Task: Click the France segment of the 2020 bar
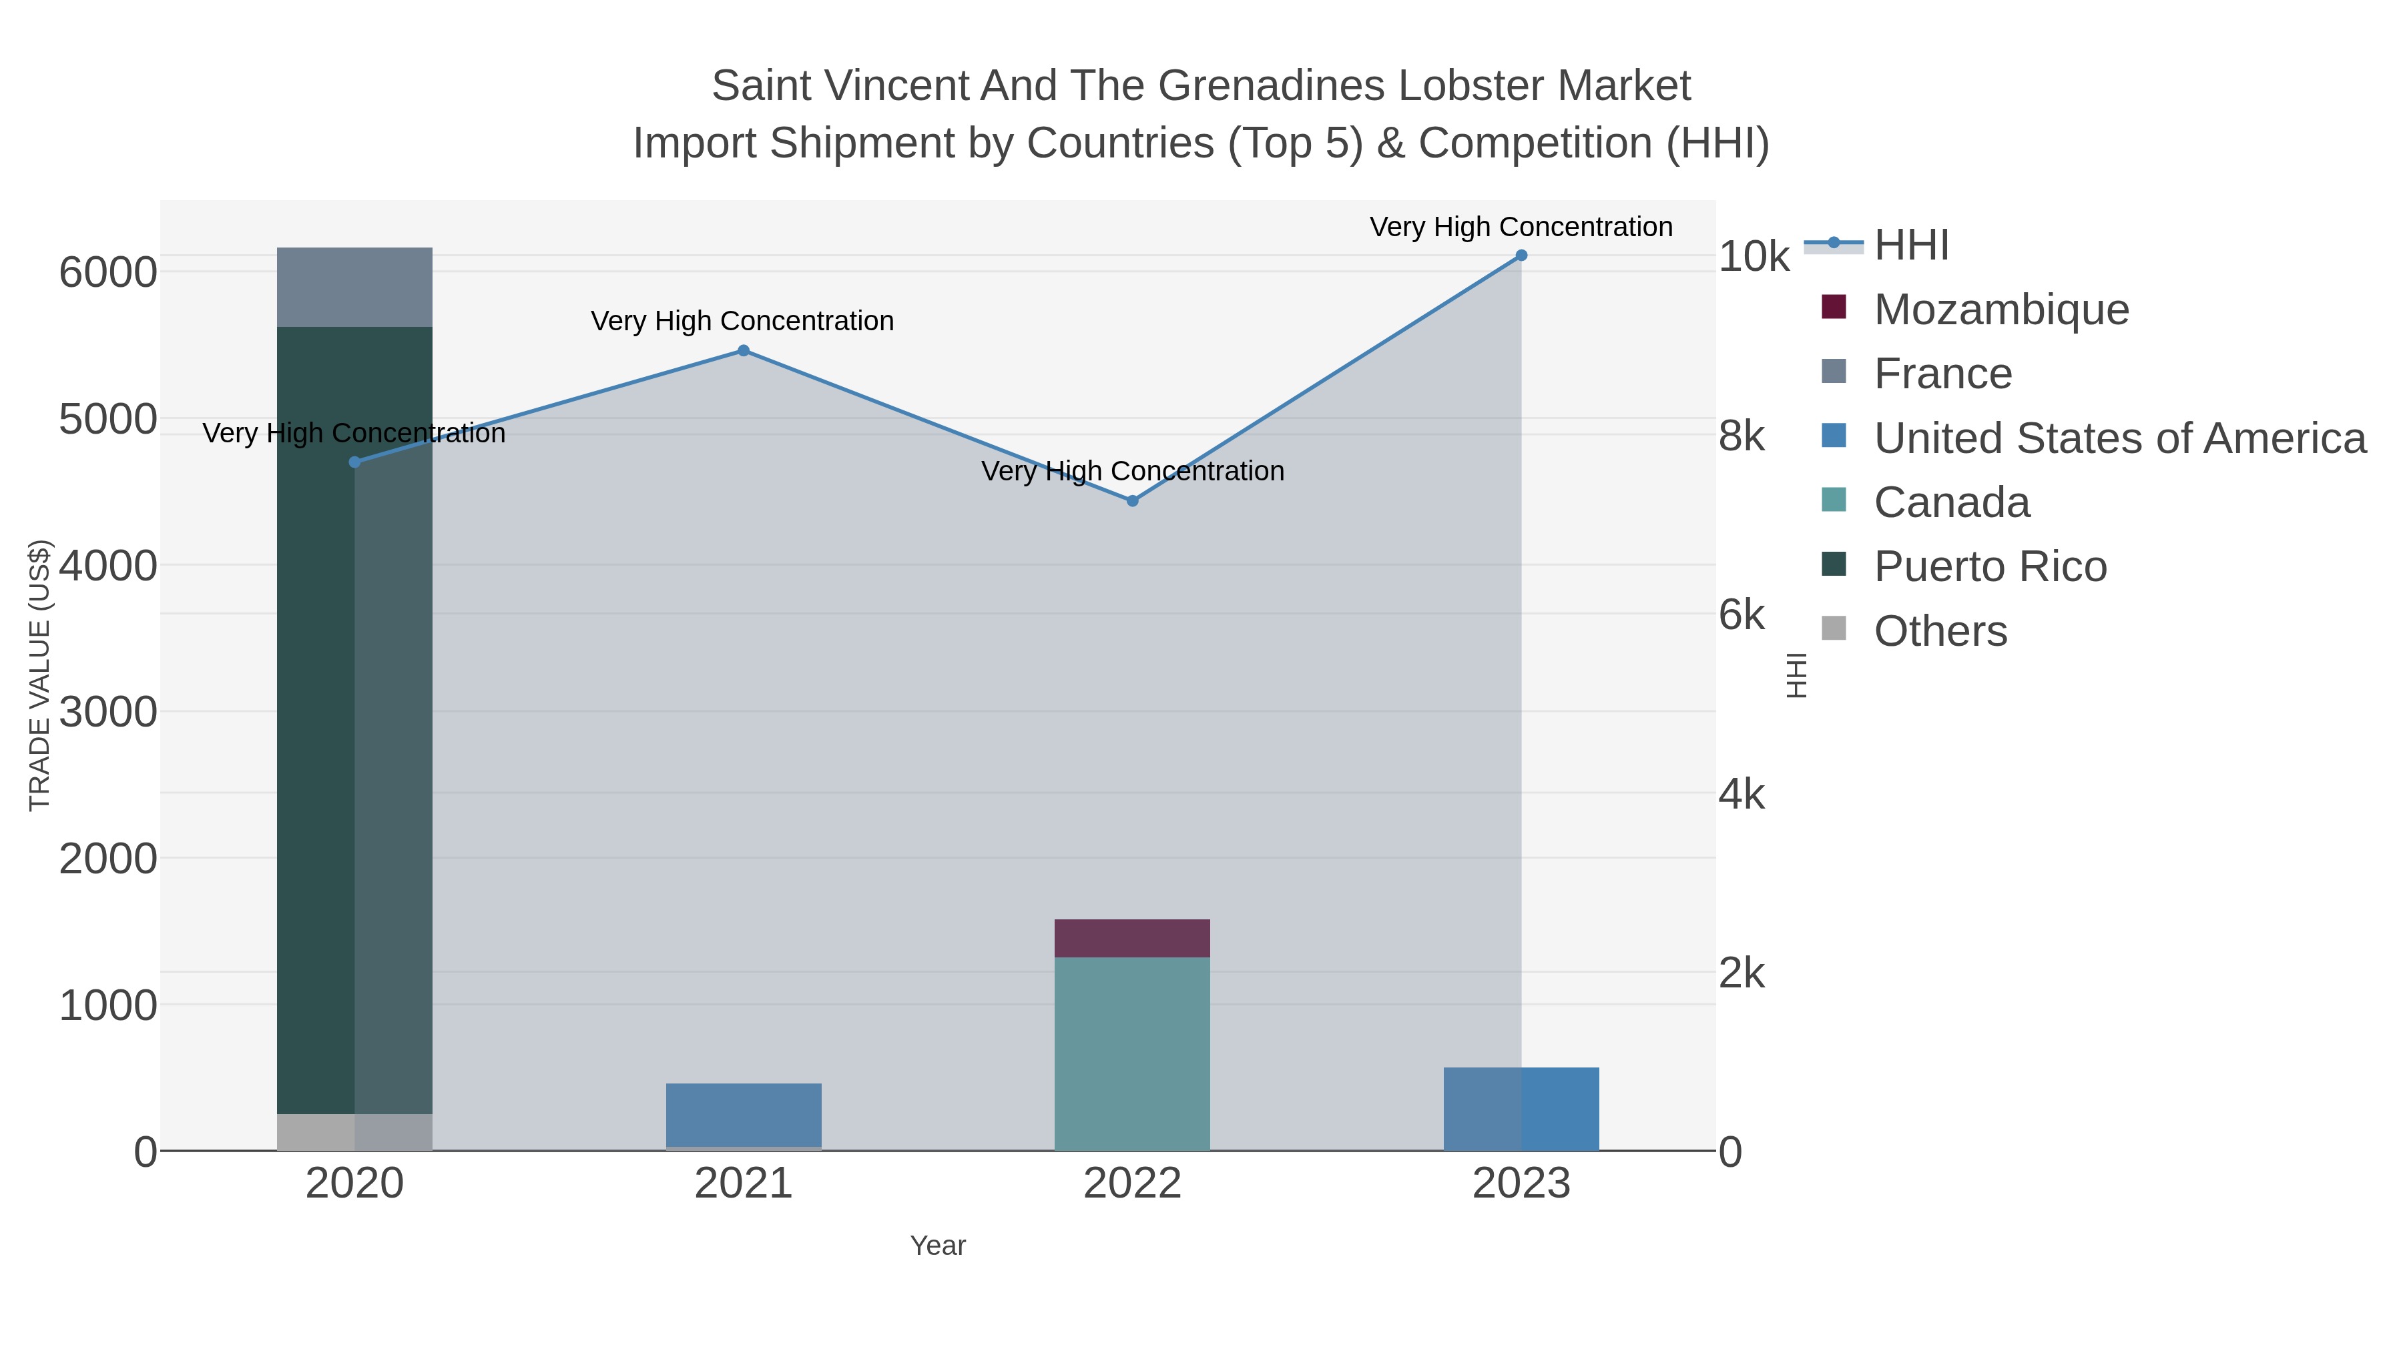(x=354, y=287)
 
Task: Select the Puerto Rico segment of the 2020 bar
(x=354, y=718)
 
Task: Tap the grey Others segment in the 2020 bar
(x=354, y=1132)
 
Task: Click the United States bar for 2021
(x=744, y=1114)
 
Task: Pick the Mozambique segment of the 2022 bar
(x=1131, y=938)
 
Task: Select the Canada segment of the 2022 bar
(x=1131, y=1053)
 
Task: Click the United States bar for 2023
(x=1521, y=1109)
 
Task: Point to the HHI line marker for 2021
(x=744, y=350)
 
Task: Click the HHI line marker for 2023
(x=1521, y=256)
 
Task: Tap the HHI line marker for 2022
(x=1131, y=500)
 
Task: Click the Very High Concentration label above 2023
(x=1521, y=228)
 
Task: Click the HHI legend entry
(x=1910, y=246)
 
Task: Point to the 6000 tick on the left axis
(x=108, y=273)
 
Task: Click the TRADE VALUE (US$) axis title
(x=40, y=675)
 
